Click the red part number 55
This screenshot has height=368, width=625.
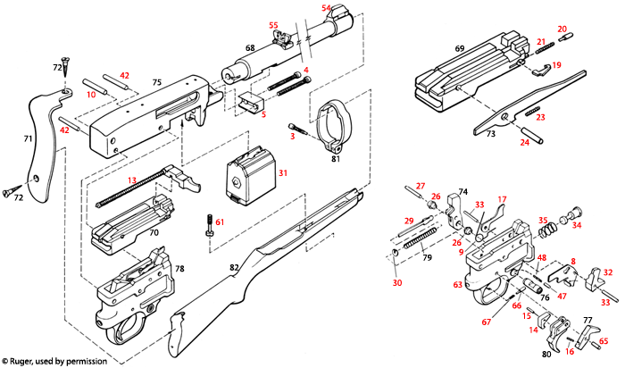pos(274,25)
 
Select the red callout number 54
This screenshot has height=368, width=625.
pos(327,8)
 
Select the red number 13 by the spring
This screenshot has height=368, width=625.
pos(132,180)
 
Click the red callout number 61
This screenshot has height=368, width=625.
pos(220,221)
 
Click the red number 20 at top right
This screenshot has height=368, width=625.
pos(562,29)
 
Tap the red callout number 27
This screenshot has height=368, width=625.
pos(421,184)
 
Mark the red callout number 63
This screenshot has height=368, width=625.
pos(458,286)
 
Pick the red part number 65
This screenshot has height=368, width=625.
pos(604,341)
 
